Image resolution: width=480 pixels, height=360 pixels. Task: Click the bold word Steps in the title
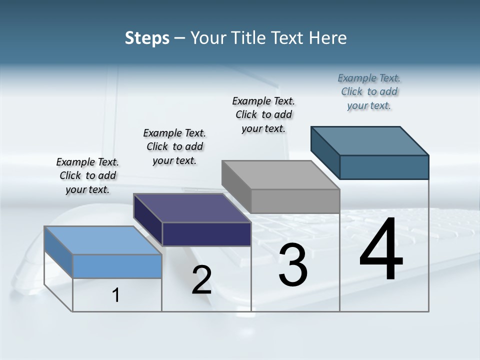[x=147, y=38]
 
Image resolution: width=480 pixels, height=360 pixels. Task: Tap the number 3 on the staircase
[x=293, y=265]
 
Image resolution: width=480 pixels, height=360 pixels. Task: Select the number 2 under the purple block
[x=201, y=280]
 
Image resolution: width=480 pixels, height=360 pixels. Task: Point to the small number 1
[x=116, y=295]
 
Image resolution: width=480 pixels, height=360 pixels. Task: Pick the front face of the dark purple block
[x=206, y=234]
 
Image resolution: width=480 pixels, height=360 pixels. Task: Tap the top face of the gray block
[x=280, y=175]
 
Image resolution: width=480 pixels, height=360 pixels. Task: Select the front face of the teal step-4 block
[x=384, y=167]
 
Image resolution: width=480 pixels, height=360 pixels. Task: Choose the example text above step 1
[x=87, y=175]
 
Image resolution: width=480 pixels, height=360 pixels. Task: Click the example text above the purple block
[x=174, y=146]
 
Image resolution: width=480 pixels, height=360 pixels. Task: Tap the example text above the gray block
[x=263, y=114]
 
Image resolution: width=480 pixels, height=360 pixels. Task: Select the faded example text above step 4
[x=369, y=91]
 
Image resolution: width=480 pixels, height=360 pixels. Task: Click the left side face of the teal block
[x=325, y=152]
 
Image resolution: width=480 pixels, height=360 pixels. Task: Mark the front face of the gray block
[x=295, y=201]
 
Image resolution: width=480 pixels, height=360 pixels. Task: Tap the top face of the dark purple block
[x=192, y=207]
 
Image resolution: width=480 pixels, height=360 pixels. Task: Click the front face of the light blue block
[x=117, y=266]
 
